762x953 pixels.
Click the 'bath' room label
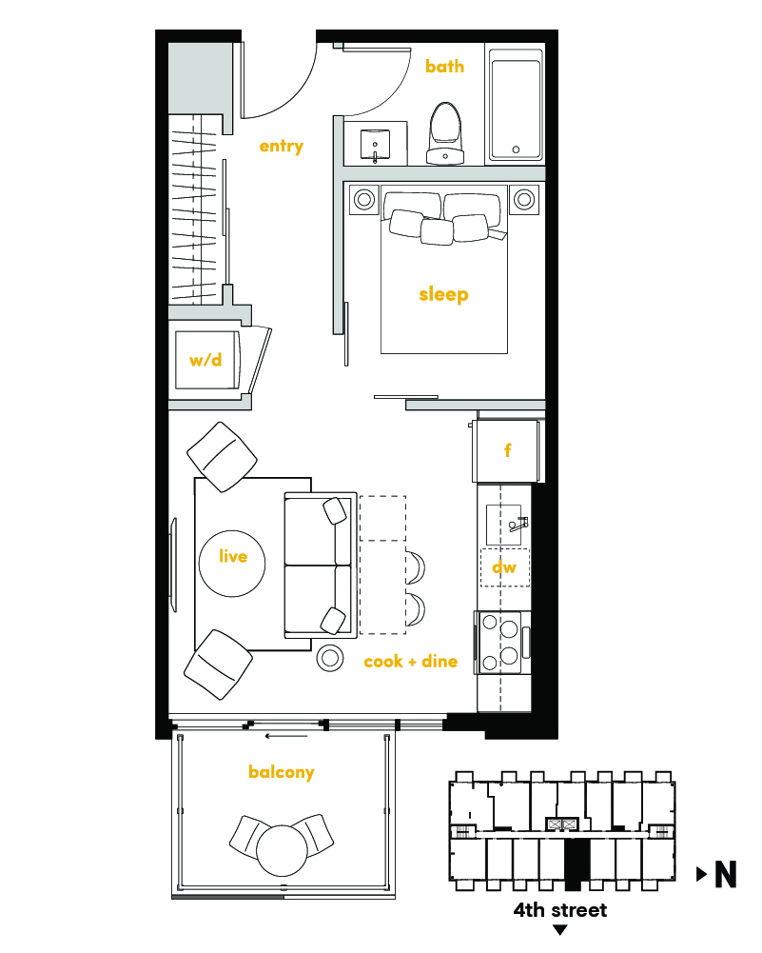click(x=444, y=66)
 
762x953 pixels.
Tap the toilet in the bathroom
click(x=445, y=133)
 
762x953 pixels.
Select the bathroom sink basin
click(x=375, y=145)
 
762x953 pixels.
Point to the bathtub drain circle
click(x=517, y=149)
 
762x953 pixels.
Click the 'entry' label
click(x=282, y=147)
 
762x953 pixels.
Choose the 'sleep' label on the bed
click(x=444, y=295)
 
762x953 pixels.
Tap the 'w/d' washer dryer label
click(x=205, y=360)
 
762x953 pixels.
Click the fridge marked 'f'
click(x=505, y=450)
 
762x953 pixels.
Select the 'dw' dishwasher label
click(x=504, y=567)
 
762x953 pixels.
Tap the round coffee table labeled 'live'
click(x=232, y=564)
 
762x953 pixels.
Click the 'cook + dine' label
click(x=410, y=662)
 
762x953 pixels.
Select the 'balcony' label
click(x=282, y=772)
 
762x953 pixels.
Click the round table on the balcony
click(x=283, y=850)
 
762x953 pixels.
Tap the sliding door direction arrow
click(x=286, y=737)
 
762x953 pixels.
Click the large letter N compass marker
click(x=726, y=875)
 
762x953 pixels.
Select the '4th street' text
click(x=559, y=910)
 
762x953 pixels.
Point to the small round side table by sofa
click(x=330, y=657)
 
